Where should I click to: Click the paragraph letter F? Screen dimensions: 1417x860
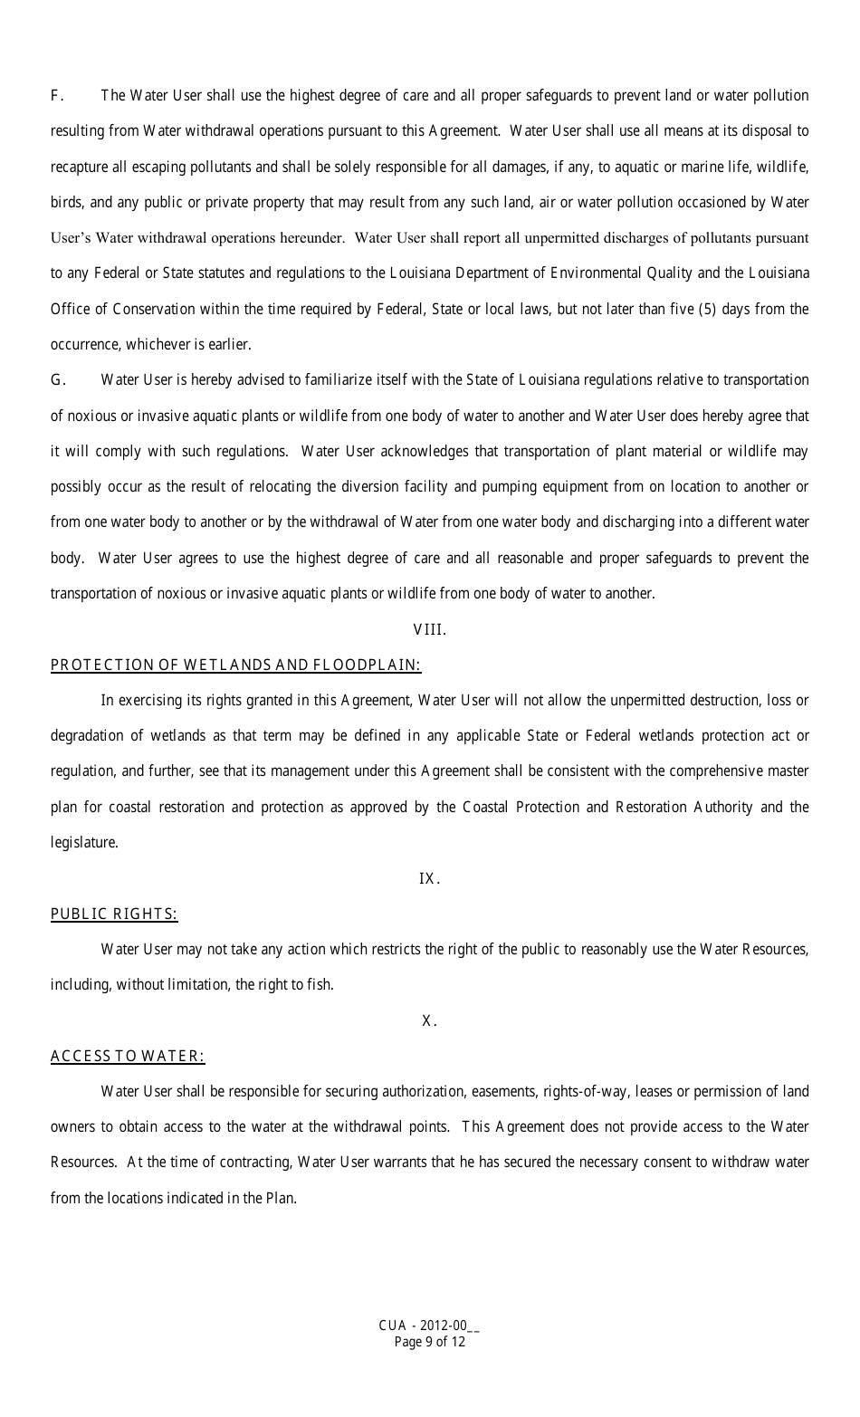pos(56,96)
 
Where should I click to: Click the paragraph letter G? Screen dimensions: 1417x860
pos(57,380)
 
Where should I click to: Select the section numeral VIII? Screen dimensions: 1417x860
pos(429,629)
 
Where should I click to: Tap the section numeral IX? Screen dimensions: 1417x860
pos(429,878)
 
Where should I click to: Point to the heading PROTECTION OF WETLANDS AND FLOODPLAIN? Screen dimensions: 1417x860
pos(235,665)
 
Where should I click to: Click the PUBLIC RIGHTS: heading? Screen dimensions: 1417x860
pos(114,914)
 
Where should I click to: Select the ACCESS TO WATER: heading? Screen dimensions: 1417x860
pos(128,1057)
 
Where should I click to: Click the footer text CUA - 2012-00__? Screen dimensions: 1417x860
pos(429,1326)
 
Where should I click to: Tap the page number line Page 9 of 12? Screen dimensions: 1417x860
pos(429,1342)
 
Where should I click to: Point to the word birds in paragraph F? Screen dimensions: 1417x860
pos(67,203)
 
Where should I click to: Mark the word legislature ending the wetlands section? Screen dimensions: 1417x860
pos(83,843)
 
